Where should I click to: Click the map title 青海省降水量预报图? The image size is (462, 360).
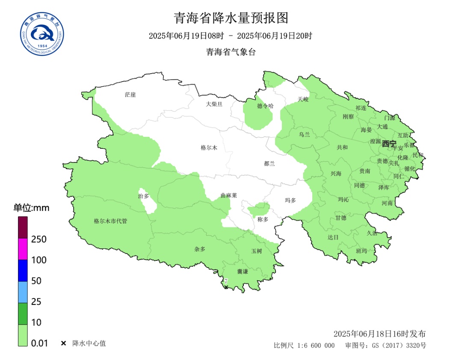coord(231,18)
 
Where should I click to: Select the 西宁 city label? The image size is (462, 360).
coord(389,144)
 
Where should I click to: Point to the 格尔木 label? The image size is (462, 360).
coord(209,148)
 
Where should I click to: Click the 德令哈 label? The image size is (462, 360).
coord(265,106)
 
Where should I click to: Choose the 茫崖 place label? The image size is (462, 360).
coord(130,94)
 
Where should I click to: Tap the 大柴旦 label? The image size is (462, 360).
coord(214,104)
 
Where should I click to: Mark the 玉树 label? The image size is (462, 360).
coord(256,251)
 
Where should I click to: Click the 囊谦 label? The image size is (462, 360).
coord(243,271)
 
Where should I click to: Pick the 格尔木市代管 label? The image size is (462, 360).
coord(110,221)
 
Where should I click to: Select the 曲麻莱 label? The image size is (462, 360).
coord(228,195)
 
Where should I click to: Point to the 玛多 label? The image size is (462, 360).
coord(290,200)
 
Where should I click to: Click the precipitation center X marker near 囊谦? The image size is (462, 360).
coord(226,286)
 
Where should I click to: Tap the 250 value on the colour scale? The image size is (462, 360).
coord(39,239)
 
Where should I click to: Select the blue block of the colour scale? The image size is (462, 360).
coord(23,271)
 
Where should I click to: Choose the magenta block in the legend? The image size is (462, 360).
coord(23,249)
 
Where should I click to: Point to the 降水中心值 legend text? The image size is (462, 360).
coord(89,343)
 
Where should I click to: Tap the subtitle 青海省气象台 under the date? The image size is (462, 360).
coord(231,52)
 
